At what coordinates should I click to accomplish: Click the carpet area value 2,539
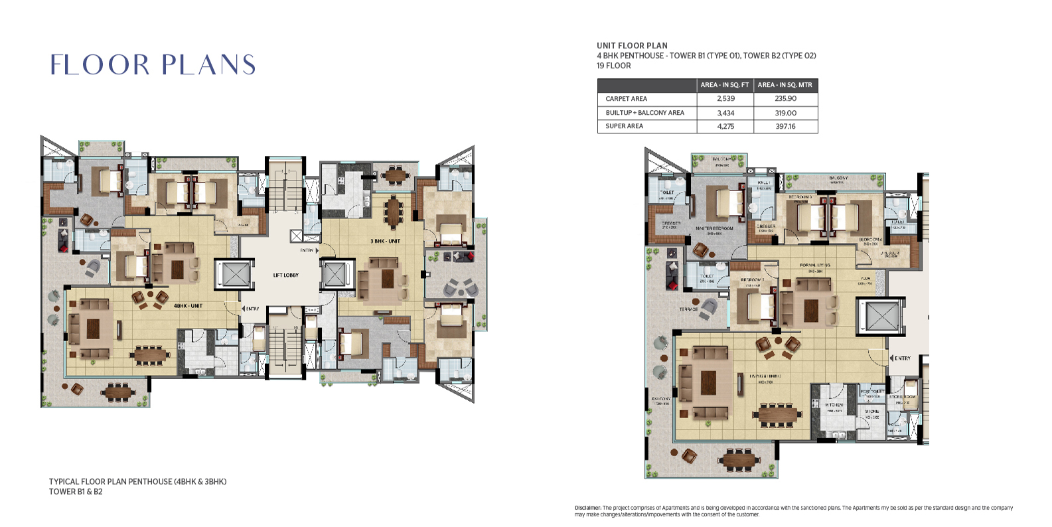coord(725,98)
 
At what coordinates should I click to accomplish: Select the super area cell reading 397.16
coord(785,126)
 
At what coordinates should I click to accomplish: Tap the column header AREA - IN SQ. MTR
coord(785,85)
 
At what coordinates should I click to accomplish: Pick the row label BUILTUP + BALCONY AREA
coord(644,113)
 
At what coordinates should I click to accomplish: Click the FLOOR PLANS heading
coord(153,65)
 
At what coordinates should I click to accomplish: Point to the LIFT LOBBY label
coord(286,275)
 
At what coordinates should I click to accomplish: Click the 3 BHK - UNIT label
coord(386,241)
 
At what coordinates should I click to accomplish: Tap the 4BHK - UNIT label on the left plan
coord(188,306)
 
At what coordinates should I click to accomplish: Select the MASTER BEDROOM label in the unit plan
coord(715,228)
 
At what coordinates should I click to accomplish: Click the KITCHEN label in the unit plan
coord(834,405)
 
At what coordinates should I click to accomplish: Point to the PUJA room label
coord(865,279)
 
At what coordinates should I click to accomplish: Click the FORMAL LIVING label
coord(815,265)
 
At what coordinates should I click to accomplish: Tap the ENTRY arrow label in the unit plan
coord(901,358)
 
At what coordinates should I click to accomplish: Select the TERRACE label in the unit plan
coord(688,309)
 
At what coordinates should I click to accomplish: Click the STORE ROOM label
coord(902,397)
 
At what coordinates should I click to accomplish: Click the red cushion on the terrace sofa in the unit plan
coord(673,285)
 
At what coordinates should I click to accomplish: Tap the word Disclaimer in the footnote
coord(587,508)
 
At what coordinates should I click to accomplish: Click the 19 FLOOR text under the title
coord(614,66)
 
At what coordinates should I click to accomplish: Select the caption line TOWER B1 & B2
coord(76,492)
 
